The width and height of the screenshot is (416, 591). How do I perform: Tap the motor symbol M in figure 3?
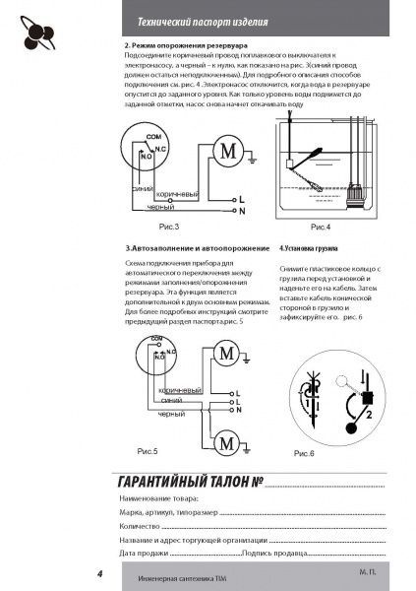pyautogui.click(x=227, y=152)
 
